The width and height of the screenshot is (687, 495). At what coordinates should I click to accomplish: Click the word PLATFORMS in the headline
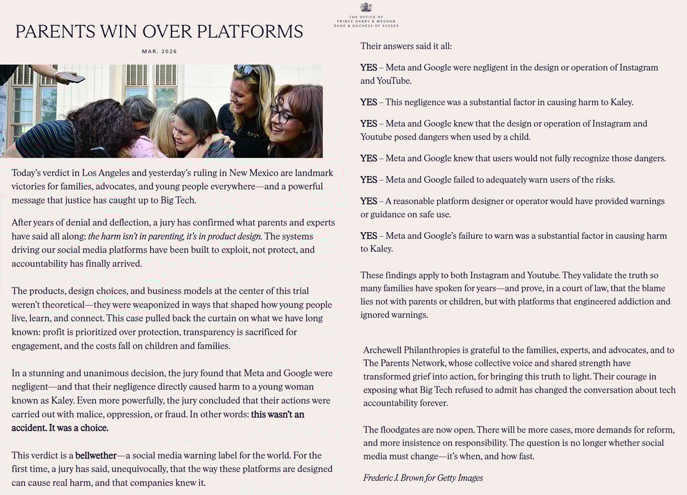point(250,32)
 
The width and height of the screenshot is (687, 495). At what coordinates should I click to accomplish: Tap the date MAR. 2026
point(159,51)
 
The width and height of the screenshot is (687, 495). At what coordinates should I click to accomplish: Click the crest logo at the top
point(366,8)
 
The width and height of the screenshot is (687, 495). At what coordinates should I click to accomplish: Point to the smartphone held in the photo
point(70,77)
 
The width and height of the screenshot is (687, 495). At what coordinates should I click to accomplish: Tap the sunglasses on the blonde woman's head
point(245,70)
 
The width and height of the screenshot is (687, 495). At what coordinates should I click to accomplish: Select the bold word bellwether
point(96,455)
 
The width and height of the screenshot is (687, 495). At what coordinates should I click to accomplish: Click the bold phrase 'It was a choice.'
point(78,428)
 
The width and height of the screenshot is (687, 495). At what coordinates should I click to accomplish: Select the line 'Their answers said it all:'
point(406,46)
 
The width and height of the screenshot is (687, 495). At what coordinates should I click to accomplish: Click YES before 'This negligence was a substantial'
point(368,102)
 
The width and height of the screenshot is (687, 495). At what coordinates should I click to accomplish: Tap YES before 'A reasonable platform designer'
point(368,201)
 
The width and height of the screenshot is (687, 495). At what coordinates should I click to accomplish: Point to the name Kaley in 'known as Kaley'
point(62,400)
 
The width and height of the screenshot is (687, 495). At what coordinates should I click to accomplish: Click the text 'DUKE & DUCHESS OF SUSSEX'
point(366,26)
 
